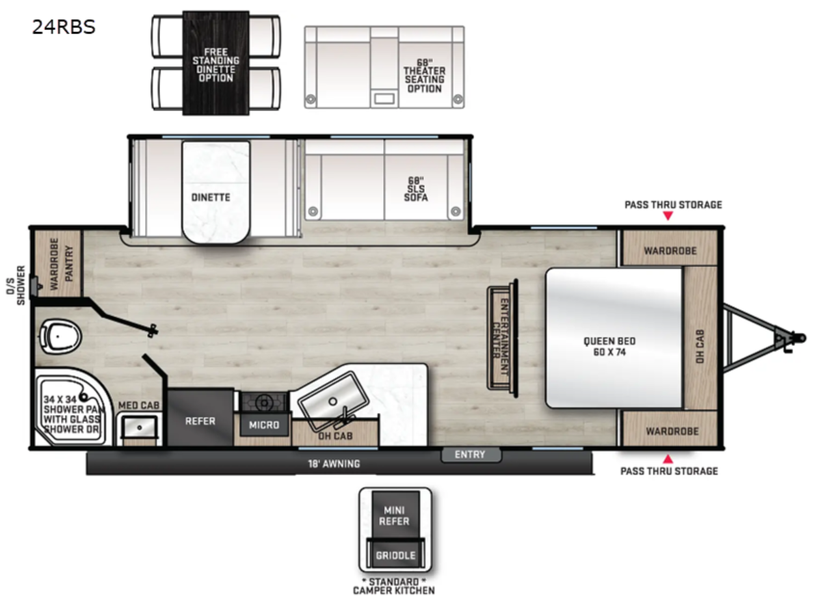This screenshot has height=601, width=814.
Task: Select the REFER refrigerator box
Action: [200, 421]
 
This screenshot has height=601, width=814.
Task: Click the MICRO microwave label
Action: [264, 425]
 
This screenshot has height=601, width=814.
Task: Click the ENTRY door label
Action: [470, 455]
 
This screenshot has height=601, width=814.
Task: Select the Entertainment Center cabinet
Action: [502, 337]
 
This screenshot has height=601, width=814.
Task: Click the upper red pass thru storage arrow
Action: [668, 217]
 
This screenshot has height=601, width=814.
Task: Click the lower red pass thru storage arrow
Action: [668, 458]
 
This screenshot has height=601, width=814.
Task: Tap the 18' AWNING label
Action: [334, 464]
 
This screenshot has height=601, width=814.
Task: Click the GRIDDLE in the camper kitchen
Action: [395, 555]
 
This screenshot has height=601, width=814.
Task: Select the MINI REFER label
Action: [395, 516]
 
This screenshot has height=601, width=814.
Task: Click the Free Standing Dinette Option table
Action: [215, 64]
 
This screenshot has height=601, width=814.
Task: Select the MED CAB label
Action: [139, 406]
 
